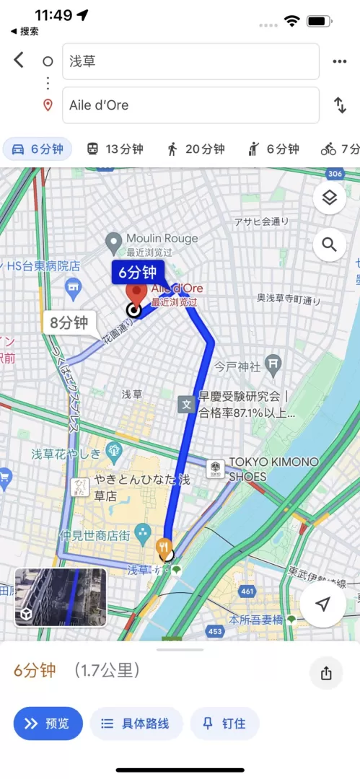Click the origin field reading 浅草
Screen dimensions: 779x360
click(x=190, y=61)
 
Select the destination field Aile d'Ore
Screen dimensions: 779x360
click(x=190, y=105)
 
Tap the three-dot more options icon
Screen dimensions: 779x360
click(x=340, y=61)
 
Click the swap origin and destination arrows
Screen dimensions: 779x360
click(x=340, y=105)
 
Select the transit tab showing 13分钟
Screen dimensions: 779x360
click(x=115, y=149)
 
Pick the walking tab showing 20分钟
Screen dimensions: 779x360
click(x=196, y=149)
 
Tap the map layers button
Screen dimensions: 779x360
click(x=330, y=197)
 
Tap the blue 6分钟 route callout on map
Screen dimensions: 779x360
click(x=137, y=273)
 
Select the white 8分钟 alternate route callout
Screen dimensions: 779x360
click(x=70, y=322)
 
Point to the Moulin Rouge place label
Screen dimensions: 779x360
click(x=161, y=239)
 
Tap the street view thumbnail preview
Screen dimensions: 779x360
click(x=61, y=597)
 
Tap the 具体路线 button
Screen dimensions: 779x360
click(x=136, y=723)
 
